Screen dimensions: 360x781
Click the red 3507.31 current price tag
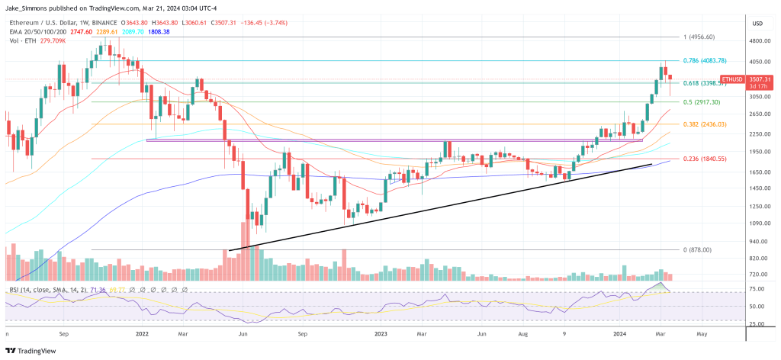(x=761, y=79)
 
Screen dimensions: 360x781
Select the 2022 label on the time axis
(x=140, y=333)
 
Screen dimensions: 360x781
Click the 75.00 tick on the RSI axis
(x=758, y=289)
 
